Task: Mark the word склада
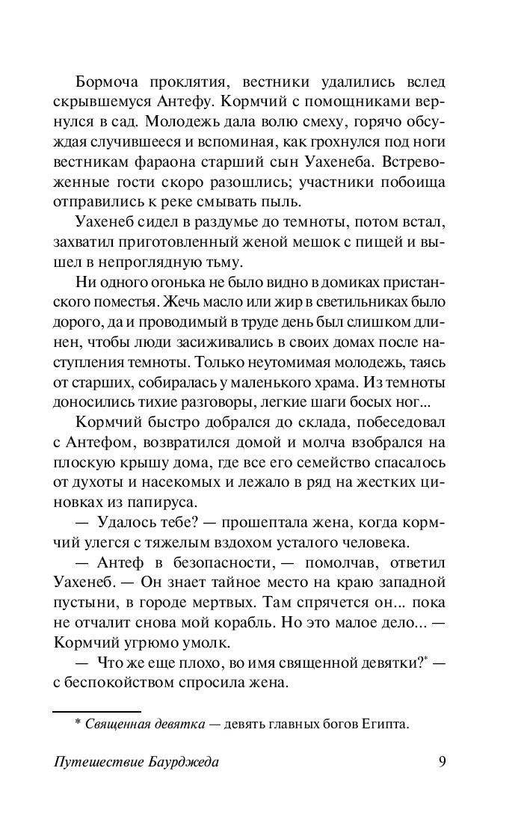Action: point(321,419)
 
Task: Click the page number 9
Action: point(441,762)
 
